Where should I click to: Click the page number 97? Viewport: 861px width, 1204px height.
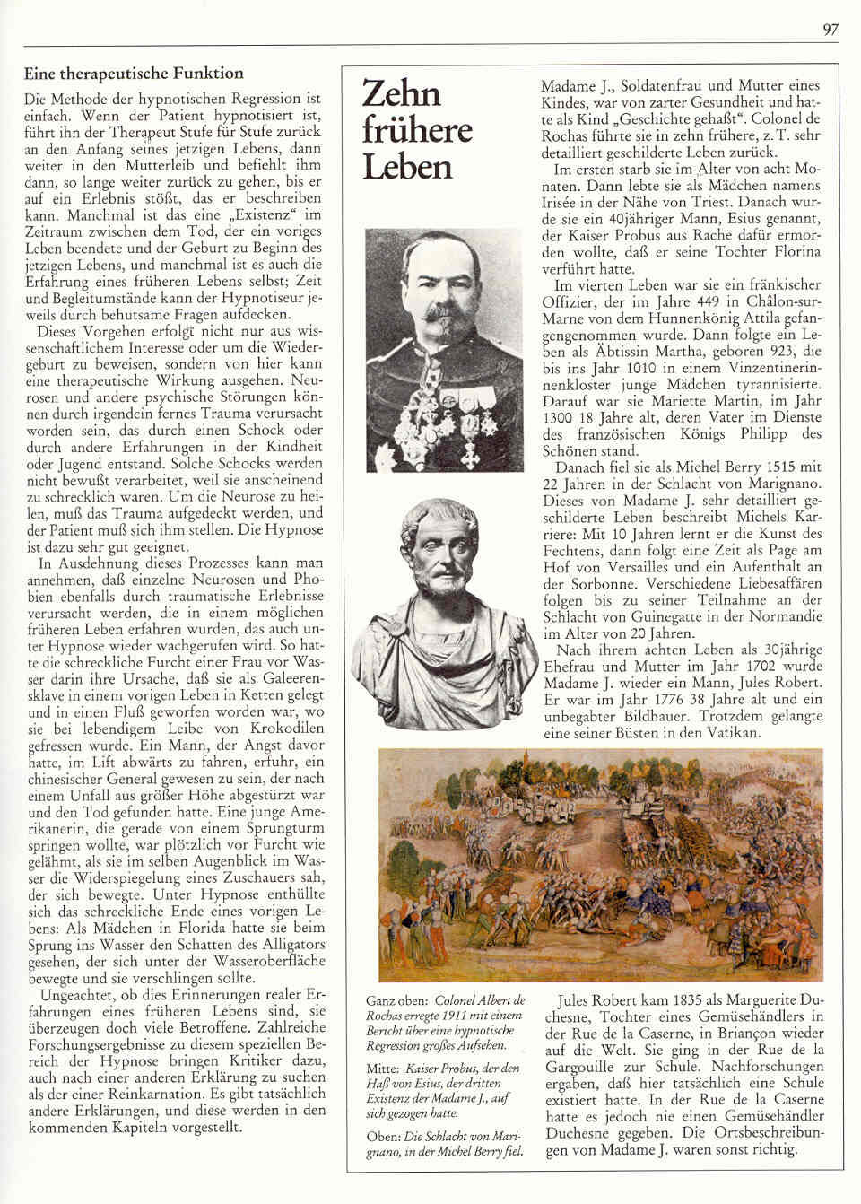(x=829, y=30)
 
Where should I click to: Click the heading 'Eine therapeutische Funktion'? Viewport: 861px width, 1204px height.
(x=134, y=74)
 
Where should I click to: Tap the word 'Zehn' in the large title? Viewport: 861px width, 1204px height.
(x=401, y=94)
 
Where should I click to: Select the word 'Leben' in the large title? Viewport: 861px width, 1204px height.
(x=406, y=166)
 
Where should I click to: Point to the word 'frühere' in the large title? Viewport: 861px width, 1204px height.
(x=417, y=131)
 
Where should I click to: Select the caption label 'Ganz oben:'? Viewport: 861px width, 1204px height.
(x=396, y=999)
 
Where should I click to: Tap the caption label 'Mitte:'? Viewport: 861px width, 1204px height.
(x=383, y=1069)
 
